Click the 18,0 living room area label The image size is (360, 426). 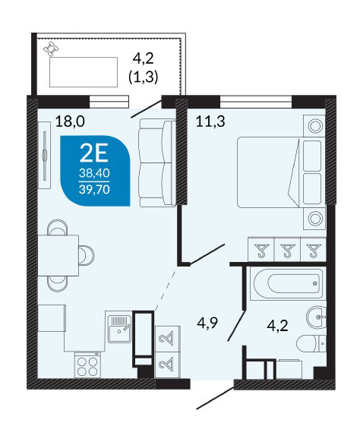point(70,121)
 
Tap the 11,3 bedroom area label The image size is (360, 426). point(210,121)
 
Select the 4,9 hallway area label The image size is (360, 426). point(208,323)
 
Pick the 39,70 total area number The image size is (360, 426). point(94,189)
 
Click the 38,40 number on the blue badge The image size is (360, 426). point(94,173)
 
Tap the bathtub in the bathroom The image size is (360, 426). point(287,283)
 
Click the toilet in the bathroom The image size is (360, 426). point(311,343)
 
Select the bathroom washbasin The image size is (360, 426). point(317,317)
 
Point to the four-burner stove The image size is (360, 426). point(87,364)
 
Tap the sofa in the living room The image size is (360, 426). point(157,163)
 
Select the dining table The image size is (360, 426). point(58,255)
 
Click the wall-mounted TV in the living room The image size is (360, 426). point(45,155)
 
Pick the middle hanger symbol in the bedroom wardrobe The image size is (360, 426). point(287,250)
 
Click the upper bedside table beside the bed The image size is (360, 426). point(314,126)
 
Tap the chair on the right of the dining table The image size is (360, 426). point(87,255)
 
